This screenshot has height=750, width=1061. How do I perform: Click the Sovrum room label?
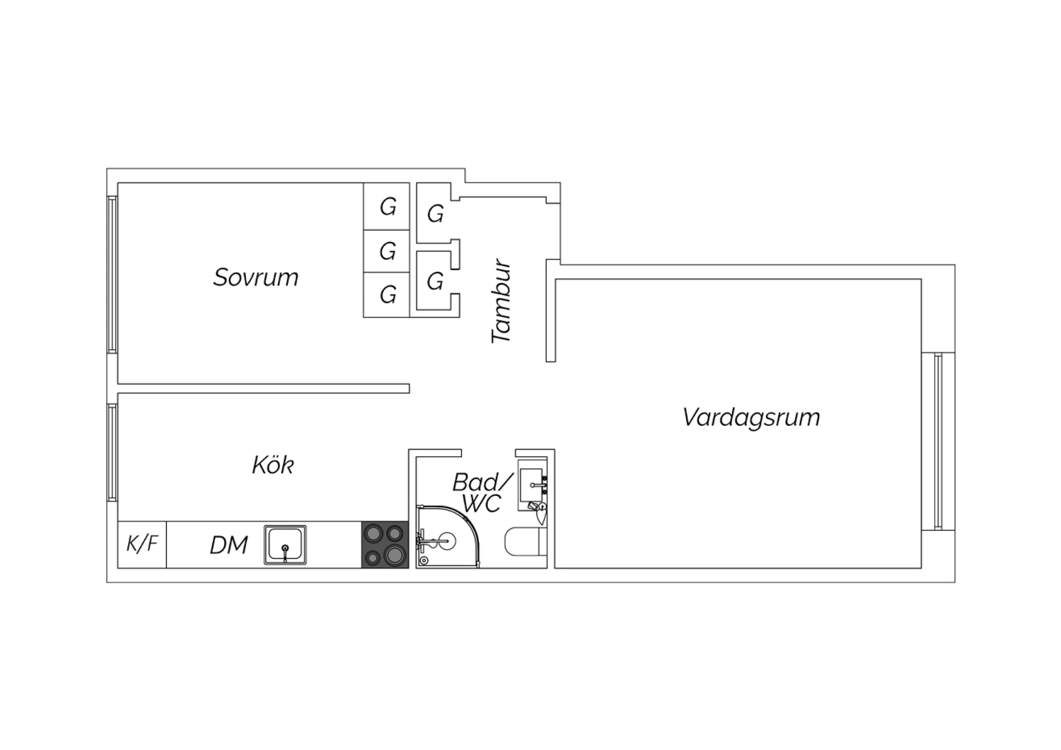(256, 277)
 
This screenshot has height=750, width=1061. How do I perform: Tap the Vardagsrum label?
(751, 418)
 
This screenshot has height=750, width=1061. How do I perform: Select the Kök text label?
(273, 465)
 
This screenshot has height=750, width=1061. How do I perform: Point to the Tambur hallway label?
(501, 301)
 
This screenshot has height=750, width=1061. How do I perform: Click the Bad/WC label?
(482, 492)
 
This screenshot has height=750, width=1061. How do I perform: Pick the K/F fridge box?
(142, 544)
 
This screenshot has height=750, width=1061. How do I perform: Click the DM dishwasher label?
(228, 545)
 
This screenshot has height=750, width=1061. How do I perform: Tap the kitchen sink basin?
(285, 545)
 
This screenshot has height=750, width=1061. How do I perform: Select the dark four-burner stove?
(385, 544)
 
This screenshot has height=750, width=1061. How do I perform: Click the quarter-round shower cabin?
(448, 537)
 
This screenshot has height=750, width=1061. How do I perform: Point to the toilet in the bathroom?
(526, 543)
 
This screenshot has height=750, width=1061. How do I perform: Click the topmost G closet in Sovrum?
(386, 207)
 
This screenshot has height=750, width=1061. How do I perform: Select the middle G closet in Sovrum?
(386, 251)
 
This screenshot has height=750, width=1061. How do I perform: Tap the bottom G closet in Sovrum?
(386, 295)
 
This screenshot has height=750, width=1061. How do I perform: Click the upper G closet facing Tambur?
(435, 214)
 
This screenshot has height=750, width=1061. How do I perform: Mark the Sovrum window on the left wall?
(112, 275)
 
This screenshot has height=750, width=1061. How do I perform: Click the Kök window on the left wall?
(112, 452)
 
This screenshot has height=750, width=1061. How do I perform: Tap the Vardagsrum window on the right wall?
(939, 442)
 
